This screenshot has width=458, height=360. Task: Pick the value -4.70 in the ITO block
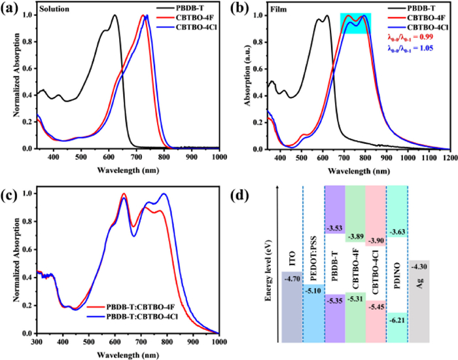tap(292, 278)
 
